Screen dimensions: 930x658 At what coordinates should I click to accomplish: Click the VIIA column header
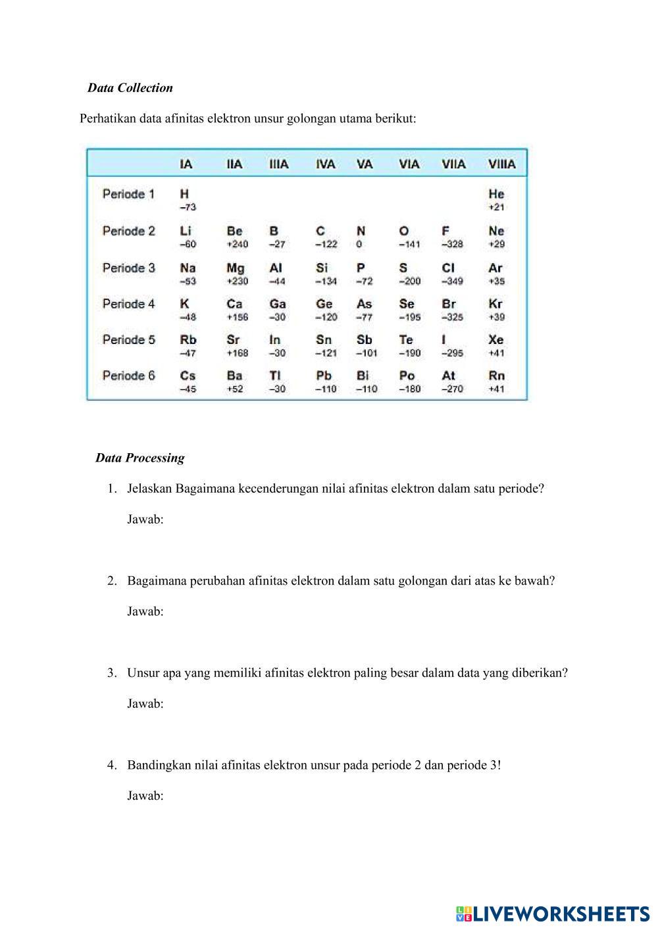(453, 164)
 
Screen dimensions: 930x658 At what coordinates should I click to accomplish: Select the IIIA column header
(279, 164)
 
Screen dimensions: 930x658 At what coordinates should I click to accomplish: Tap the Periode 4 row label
(129, 304)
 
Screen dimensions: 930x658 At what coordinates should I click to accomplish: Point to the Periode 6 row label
(129, 376)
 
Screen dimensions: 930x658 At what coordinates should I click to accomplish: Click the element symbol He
(496, 194)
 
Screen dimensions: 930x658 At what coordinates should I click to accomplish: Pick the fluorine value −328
(452, 244)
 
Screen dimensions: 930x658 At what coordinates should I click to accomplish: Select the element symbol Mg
(235, 268)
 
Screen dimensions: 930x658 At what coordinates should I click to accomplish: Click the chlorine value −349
(452, 281)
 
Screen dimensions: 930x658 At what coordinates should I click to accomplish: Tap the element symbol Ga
(278, 304)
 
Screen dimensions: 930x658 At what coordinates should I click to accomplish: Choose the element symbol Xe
(496, 340)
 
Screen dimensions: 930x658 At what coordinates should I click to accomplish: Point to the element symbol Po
(407, 376)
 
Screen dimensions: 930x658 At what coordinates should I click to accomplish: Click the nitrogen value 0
(359, 244)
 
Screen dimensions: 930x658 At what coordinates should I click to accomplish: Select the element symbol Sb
(364, 340)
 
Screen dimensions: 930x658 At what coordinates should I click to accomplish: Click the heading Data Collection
(130, 88)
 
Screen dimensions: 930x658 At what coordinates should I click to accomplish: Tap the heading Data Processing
(139, 458)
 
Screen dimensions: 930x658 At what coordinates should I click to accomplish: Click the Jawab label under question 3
(145, 704)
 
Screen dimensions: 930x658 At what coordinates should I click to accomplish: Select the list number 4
(112, 765)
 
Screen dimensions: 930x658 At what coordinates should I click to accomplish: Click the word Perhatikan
(108, 119)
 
